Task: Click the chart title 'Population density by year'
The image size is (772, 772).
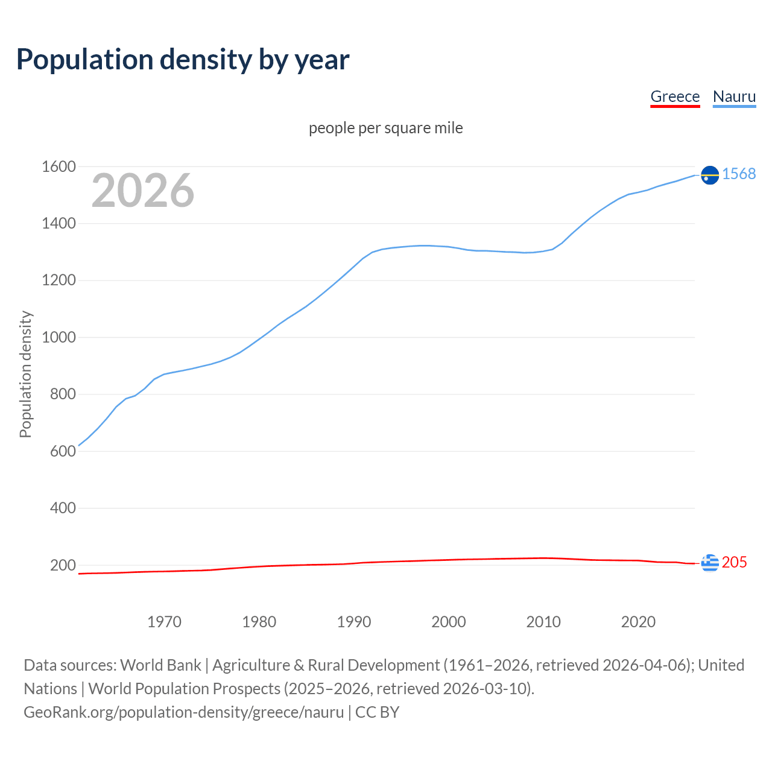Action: pos(183,60)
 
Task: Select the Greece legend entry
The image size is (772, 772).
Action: pos(675,96)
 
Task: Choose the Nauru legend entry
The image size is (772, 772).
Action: pos(734,96)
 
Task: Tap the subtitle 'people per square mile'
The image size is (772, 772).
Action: pos(386,128)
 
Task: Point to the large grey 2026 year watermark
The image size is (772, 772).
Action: pos(143,191)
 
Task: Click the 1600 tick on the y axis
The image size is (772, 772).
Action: pos(59,166)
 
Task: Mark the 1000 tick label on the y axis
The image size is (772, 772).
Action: pos(59,337)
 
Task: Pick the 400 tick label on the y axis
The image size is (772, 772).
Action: pos(63,508)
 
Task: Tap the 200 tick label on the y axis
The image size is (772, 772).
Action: pos(63,565)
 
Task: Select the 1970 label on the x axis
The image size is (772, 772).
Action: pos(164,622)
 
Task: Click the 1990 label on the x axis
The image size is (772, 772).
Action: pos(354,622)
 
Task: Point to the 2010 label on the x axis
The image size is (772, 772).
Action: pos(543,622)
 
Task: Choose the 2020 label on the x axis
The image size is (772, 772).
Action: pos(638,622)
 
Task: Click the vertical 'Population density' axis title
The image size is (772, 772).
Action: pos(25,374)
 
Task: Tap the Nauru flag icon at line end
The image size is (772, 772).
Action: pos(710,175)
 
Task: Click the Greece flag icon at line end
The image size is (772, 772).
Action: pos(710,563)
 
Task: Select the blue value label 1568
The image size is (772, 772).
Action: pos(739,174)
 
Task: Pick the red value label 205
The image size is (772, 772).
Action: pos(734,562)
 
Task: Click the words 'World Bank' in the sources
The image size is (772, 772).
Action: pos(160,665)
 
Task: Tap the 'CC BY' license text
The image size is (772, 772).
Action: pos(377,712)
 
